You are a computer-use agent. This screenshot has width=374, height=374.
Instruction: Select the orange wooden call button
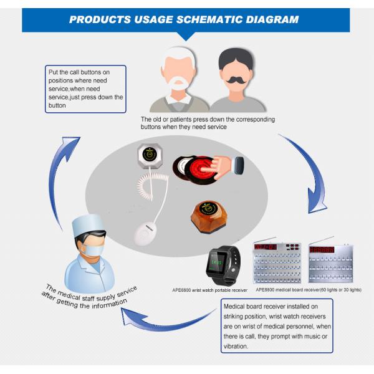click(206, 216)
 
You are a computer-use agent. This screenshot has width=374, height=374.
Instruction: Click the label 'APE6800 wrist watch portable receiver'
click(210, 290)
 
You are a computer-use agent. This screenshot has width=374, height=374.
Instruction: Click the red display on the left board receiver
click(265, 247)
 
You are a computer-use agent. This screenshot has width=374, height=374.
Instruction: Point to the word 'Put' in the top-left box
click(54, 72)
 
